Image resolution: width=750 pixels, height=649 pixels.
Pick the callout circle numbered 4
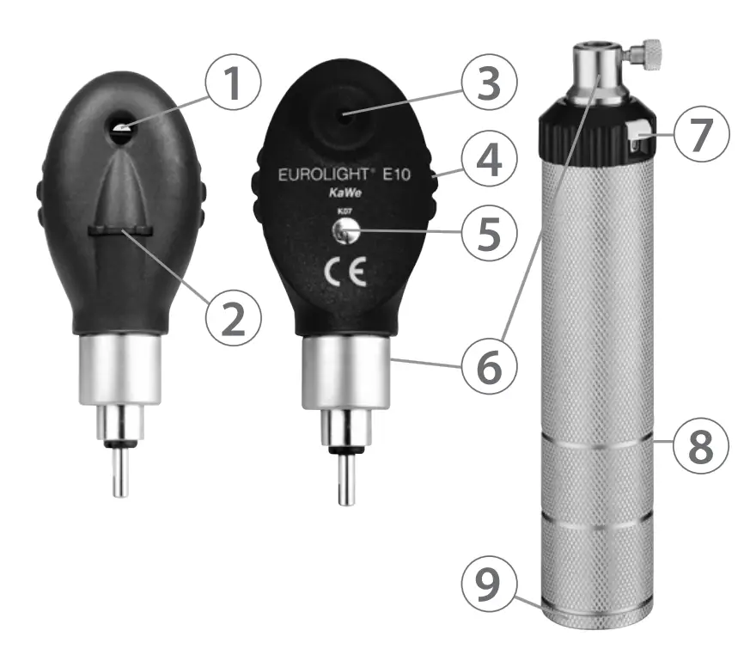click(487, 160)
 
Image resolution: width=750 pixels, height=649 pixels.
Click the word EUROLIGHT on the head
click(316, 174)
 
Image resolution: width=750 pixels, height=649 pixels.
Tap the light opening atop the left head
click(121, 128)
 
